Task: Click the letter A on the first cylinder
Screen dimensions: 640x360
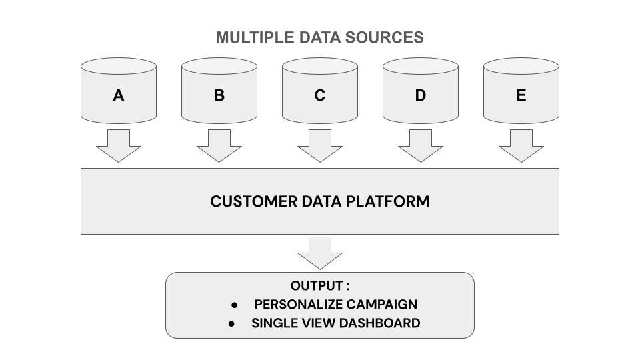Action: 119,95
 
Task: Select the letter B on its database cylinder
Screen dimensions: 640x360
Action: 219,95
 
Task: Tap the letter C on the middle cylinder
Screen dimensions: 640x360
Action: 320,95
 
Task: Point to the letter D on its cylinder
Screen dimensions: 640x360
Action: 421,95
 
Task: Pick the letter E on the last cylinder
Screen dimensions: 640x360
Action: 521,95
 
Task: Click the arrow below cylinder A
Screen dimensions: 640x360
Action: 119,146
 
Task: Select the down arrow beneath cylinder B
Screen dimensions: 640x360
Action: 219,146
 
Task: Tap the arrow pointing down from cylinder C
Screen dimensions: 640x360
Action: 320,146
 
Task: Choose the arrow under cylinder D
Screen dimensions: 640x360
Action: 421,146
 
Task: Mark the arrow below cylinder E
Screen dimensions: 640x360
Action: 521,146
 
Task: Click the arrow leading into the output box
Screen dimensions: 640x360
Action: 320,253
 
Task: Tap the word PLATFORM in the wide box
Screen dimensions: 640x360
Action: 388,201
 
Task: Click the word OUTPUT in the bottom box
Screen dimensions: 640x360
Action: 317,286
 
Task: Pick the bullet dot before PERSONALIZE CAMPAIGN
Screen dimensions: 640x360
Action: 234,305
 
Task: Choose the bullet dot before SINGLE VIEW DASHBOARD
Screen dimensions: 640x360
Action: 231,324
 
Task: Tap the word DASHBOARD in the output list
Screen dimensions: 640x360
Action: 379,323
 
